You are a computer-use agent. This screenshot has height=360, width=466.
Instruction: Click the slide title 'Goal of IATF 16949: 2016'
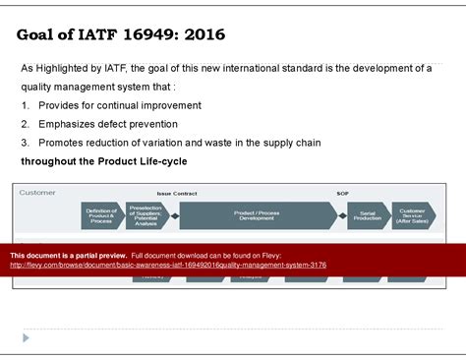tap(121, 35)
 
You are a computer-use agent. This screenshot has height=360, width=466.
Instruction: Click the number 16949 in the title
tap(162, 35)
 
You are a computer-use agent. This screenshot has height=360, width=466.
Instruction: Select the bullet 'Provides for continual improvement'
tap(120, 105)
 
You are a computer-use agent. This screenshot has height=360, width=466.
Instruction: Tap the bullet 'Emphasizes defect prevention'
tap(108, 124)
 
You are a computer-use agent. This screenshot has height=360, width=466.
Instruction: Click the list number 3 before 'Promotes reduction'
tap(25, 143)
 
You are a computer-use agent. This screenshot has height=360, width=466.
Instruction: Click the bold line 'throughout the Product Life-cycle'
tap(104, 161)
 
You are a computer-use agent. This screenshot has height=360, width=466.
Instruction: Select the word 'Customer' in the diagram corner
tap(38, 193)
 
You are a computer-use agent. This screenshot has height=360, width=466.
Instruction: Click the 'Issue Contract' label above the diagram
tap(178, 194)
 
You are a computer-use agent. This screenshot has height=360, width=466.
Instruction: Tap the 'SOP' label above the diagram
tap(342, 194)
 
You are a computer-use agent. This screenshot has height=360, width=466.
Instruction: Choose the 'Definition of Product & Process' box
tap(101, 215)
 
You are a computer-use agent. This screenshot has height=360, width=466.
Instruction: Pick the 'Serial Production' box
tap(367, 215)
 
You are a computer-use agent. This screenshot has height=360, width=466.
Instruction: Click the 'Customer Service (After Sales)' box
tap(413, 215)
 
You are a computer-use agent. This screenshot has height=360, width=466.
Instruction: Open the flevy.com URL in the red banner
tap(168, 266)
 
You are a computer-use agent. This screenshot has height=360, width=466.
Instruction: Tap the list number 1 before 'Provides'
tap(25, 105)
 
